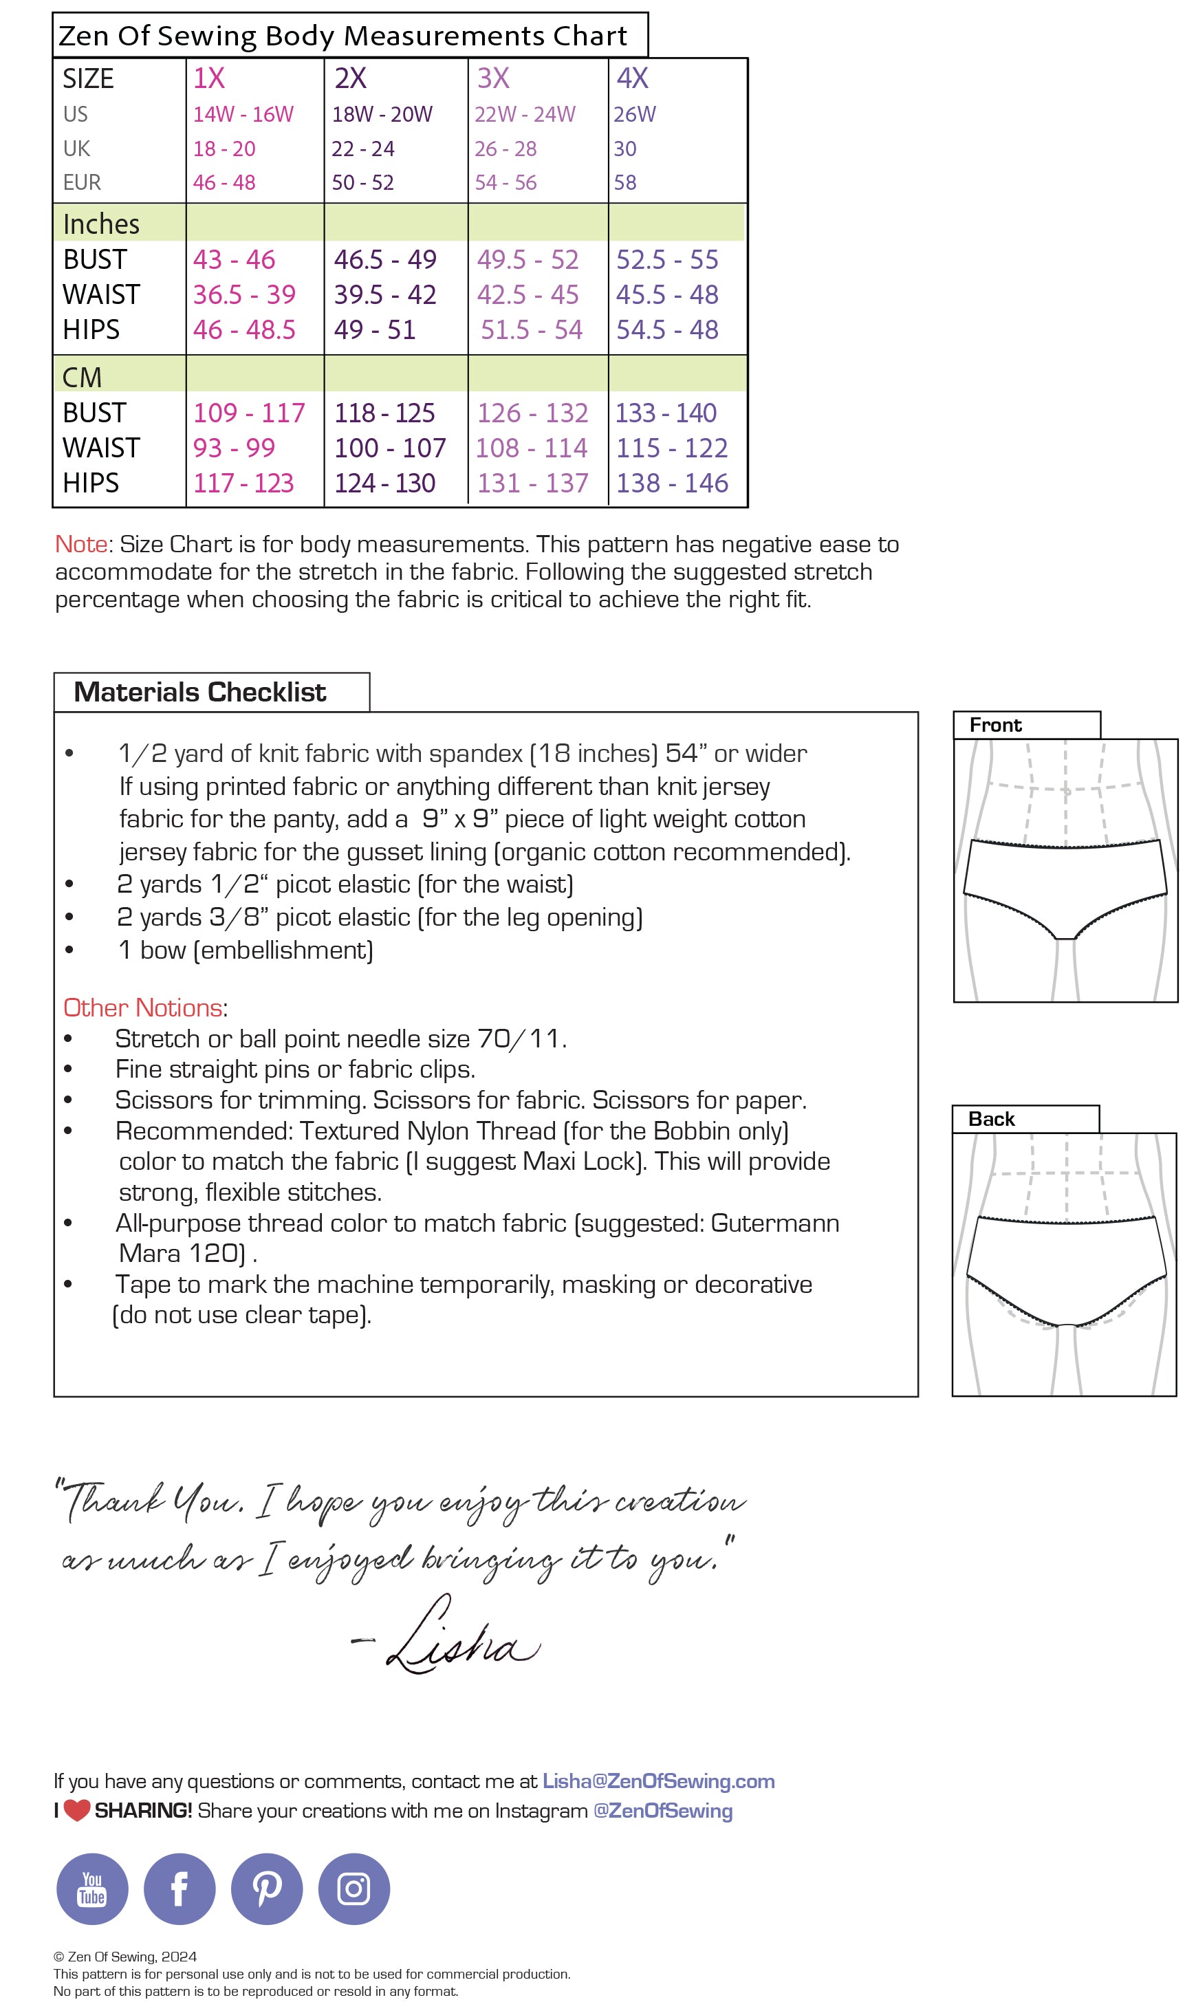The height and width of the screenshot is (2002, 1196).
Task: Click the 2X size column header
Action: [x=351, y=78]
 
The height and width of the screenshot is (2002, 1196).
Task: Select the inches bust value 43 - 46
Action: [x=234, y=259]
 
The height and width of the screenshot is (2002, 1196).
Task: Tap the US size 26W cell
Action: [x=634, y=114]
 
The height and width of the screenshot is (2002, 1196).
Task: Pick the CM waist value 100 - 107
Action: [x=390, y=448]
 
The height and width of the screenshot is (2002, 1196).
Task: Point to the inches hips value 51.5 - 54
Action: [x=531, y=329]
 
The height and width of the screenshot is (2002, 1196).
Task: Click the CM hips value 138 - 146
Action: [x=672, y=483]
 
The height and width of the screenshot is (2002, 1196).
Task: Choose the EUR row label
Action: [x=83, y=183]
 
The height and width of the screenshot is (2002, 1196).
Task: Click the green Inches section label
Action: [x=102, y=224]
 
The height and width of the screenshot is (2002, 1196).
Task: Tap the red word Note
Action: [x=80, y=544]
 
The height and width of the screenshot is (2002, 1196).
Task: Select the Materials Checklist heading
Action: [x=200, y=693]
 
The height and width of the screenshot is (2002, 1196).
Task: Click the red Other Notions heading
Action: [x=142, y=1008]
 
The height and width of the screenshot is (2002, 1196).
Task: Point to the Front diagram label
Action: [x=995, y=726]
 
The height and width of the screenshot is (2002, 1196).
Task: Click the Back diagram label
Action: [x=991, y=1119]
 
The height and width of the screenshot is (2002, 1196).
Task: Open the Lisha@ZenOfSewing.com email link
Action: [x=658, y=1781]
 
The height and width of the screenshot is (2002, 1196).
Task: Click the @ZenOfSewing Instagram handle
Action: [x=662, y=1811]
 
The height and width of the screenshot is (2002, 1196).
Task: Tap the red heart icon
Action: [x=76, y=1811]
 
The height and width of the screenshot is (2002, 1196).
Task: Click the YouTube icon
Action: [x=92, y=1889]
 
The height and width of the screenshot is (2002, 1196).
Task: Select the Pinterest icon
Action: [x=267, y=1889]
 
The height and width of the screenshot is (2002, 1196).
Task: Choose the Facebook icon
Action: [x=180, y=1889]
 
